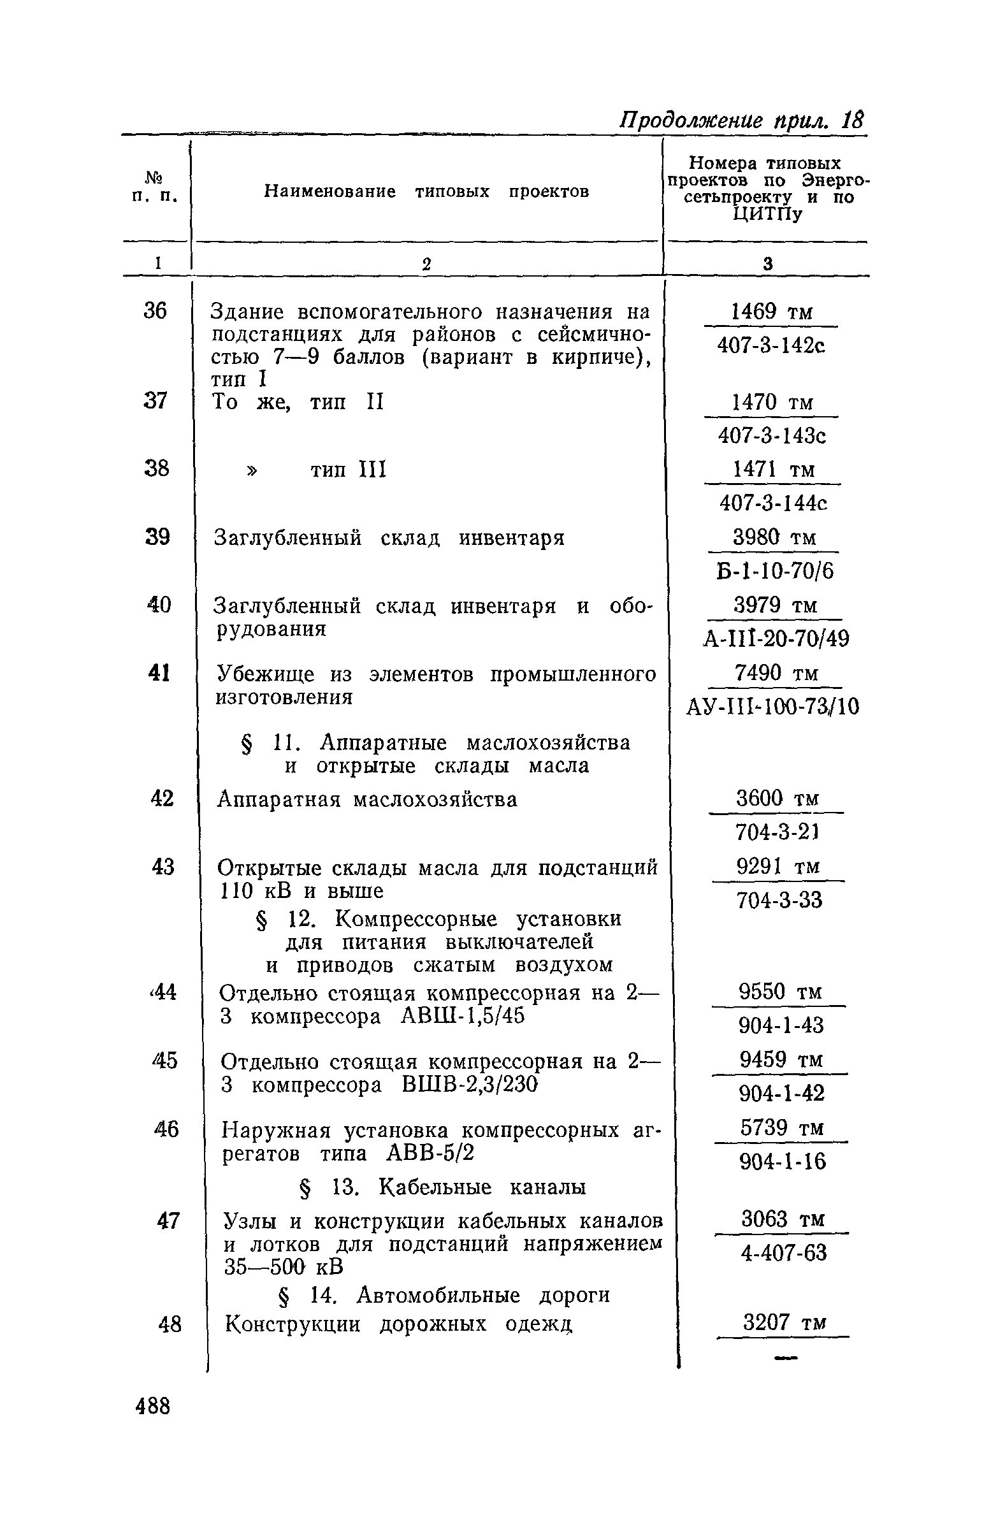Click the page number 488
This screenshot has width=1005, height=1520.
tap(153, 1407)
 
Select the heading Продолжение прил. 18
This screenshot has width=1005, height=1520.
tap(741, 120)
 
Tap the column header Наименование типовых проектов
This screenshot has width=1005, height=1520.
tap(426, 192)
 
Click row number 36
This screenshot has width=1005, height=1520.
tap(154, 311)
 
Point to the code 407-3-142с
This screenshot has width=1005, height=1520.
tap(771, 346)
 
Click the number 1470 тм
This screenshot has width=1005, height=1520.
tap(772, 402)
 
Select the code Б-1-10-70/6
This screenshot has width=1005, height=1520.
tap(775, 571)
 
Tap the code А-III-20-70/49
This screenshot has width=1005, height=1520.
tap(776, 639)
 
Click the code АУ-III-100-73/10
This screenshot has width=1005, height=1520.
tap(772, 707)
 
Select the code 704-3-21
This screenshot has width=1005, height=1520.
tap(777, 832)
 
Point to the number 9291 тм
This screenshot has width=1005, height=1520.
tap(777, 867)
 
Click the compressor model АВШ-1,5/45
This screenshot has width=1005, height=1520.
tap(462, 1017)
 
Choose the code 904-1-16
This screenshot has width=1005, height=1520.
tap(783, 1162)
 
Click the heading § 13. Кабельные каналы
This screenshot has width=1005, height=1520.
tap(442, 1187)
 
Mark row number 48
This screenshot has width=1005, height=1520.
tap(170, 1324)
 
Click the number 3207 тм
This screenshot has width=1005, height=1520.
tap(784, 1322)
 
